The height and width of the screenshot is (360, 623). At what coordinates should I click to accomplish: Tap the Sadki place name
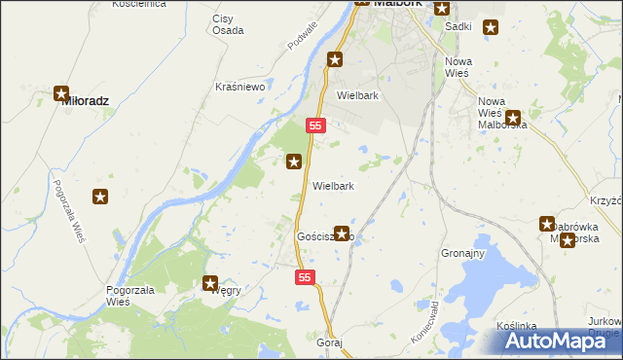458,26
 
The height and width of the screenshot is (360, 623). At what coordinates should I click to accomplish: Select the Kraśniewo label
240,87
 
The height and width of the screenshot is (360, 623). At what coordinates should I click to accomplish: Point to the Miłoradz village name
84,100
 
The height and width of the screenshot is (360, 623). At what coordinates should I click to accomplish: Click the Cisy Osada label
228,24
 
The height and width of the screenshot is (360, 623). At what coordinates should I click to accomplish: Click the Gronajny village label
462,253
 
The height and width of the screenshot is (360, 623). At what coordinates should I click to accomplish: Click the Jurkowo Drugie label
605,327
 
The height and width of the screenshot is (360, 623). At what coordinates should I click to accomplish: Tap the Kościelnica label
138,4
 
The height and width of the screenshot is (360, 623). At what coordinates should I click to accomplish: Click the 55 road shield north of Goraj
306,278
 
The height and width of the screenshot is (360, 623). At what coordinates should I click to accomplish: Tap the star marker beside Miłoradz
62,94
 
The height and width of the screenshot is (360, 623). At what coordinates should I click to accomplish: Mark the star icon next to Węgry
210,284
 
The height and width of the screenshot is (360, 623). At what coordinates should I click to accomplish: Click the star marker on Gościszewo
342,234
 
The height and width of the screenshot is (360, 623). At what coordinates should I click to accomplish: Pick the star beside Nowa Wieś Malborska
512,118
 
